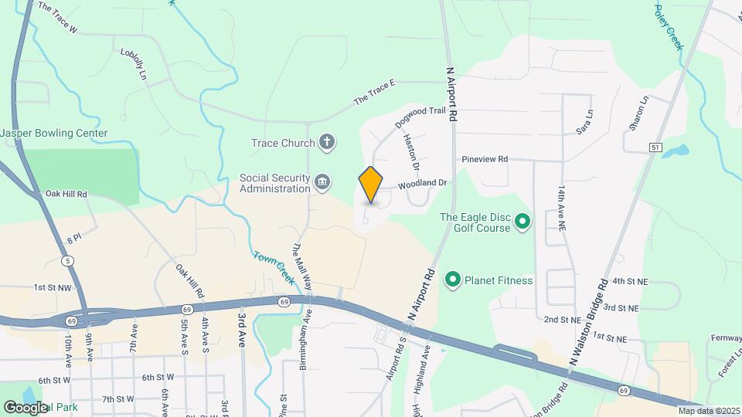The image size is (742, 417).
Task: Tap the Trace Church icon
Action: (x=327, y=142)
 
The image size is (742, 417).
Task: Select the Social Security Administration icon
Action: (x=323, y=182)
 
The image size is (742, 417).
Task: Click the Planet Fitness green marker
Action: (x=452, y=280)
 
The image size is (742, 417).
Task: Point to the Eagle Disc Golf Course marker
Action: (x=522, y=222)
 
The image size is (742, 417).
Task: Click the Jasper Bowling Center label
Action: (x=54, y=133)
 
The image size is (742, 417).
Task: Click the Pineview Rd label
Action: (x=485, y=159)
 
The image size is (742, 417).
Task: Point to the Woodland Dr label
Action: (x=423, y=184)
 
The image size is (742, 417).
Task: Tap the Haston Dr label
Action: (x=410, y=151)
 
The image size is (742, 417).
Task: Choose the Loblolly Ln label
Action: (x=134, y=64)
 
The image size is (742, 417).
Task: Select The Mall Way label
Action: (x=301, y=266)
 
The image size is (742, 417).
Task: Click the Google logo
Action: (x=26, y=407)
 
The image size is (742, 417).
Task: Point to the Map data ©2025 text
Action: (x=709, y=411)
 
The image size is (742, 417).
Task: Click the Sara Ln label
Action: (x=584, y=127)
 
